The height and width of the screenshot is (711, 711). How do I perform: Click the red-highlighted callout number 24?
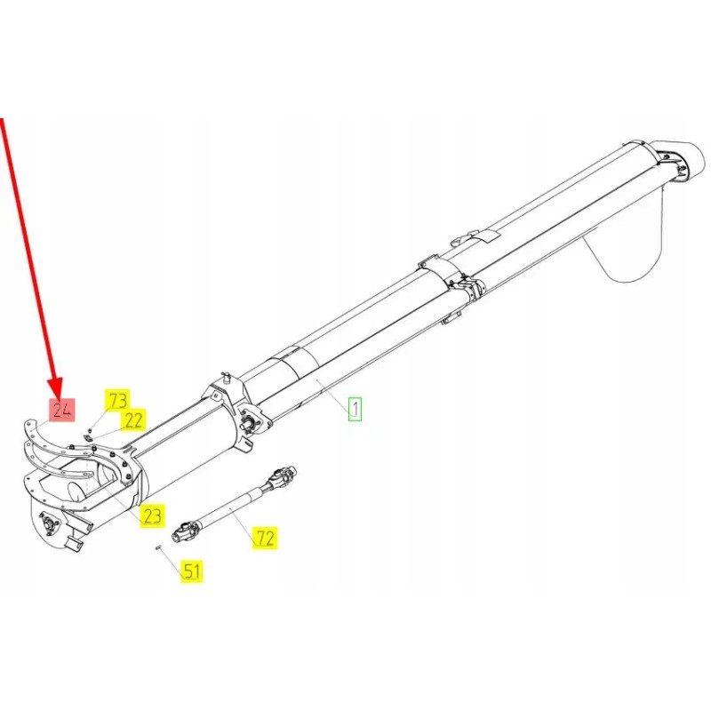(61, 411)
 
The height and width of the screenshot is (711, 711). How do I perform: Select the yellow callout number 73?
(117, 400)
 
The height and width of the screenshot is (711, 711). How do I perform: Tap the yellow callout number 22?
(133, 419)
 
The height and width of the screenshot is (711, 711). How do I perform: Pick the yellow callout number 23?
(152, 515)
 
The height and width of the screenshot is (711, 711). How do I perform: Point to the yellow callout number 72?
(265, 537)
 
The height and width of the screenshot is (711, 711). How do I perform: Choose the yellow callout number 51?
(192, 571)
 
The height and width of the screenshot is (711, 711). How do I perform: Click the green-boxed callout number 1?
(355, 409)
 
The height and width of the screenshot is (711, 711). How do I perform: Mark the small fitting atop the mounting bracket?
(226, 376)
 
